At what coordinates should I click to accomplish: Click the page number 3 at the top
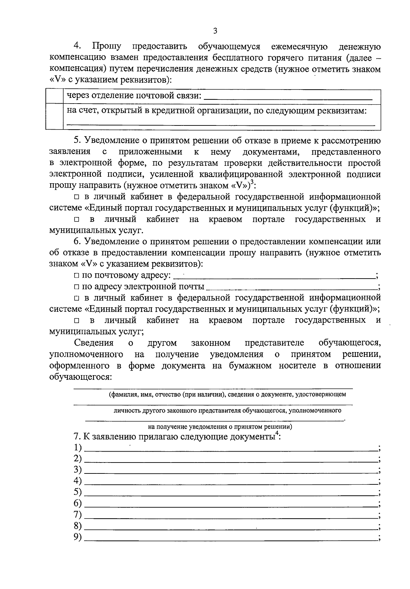(x=215, y=31)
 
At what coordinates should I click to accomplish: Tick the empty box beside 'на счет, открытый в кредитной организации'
(x=54, y=116)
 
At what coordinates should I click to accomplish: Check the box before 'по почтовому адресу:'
(x=77, y=276)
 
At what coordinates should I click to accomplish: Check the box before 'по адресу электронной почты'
(x=77, y=286)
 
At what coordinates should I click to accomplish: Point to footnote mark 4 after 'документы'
(x=277, y=434)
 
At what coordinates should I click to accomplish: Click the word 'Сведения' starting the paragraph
(x=94, y=343)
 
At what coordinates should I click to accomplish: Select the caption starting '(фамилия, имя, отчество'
(x=227, y=394)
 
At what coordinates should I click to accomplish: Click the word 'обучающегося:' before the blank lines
(x=81, y=377)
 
